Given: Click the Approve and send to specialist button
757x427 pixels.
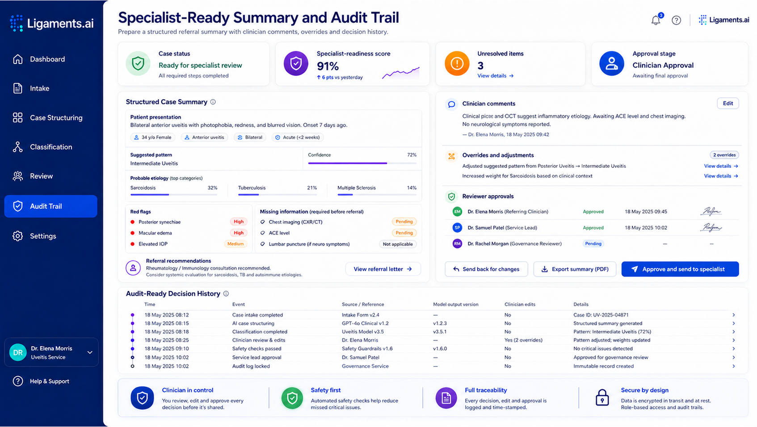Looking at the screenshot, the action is (680, 269).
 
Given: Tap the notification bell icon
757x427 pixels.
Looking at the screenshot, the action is (656, 20).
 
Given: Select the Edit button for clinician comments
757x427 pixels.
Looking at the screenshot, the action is (728, 103).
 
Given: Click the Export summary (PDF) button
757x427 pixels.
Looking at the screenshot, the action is (575, 269).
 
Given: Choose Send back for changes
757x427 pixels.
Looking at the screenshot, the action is (486, 269).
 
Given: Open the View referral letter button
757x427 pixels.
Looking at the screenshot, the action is (383, 269).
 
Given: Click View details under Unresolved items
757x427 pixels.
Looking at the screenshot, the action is (496, 75).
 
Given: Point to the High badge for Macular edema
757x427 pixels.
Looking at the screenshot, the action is (239, 233).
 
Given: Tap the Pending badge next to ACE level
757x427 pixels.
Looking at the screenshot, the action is (404, 233).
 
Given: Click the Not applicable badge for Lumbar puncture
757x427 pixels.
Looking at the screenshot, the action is (398, 244).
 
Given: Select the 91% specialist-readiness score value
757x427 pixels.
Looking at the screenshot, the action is (328, 66).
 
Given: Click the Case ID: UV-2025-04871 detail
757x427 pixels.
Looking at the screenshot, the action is (601, 315).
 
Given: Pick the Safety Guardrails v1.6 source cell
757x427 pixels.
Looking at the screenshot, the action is (367, 349).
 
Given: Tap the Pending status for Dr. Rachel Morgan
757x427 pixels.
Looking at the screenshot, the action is (593, 243).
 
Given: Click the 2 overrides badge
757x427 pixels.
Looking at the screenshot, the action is (724, 155).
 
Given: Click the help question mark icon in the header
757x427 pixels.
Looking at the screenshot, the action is (676, 20).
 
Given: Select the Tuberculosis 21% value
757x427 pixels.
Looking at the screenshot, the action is (311, 188).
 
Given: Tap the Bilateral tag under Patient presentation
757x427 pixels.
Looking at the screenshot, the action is (250, 138).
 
